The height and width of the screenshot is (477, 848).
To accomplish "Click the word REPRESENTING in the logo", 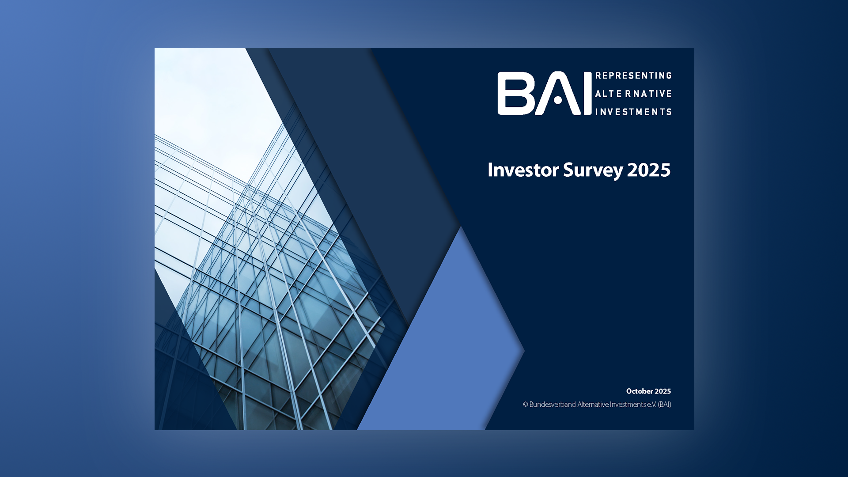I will click(x=633, y=76).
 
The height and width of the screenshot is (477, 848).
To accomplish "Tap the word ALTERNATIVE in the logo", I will click(x=633, y=94).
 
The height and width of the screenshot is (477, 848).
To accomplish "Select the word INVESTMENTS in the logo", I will click(x=633, y=112).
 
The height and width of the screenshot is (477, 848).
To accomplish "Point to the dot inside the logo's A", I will click(x=558, y=101).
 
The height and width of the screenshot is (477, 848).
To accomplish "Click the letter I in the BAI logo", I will click(x=587, y=94).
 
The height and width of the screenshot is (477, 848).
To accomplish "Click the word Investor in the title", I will click(x=523, y=170).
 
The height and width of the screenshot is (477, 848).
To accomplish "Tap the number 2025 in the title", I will click(x=648, y=170).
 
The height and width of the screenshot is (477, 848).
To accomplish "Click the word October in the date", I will click(x=639, y=391).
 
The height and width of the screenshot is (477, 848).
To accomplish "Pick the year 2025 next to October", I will click(x=663, y=391).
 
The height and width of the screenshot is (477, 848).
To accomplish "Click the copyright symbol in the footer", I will click(x=526, y=405).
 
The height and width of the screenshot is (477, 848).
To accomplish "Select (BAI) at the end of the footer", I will click(x=664, y=405).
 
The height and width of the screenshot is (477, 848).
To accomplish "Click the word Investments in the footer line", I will click(x=628, y=405).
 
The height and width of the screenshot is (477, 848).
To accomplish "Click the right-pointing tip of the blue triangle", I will click(x=523, y=352).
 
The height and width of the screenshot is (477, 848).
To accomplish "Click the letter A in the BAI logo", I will click(x=557, y=94).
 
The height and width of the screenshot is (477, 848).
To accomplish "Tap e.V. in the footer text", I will click(x=651, y=405).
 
